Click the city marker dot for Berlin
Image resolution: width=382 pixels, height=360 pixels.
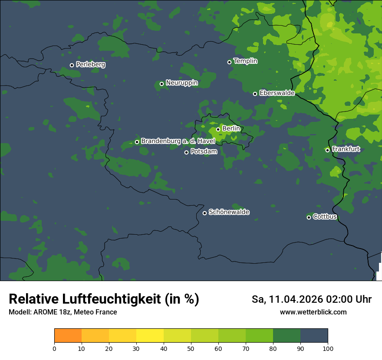pos(218,129)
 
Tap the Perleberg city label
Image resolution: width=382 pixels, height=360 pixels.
pos(90,65)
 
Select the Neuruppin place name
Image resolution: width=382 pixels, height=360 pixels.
pos(182,83)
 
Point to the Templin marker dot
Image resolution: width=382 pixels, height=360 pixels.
pos(229,62)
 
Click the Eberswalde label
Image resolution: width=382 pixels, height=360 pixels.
pos(277,93)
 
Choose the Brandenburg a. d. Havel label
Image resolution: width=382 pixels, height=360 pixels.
pos(178,141)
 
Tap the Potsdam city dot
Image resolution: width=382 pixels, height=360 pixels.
pos(186,152)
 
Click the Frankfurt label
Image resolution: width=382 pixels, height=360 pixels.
pos(346,149)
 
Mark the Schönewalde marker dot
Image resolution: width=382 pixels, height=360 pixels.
pos(204,213)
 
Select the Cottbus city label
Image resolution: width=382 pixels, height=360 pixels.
pos(325,216)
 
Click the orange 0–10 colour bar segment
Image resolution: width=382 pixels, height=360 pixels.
pos(68,336)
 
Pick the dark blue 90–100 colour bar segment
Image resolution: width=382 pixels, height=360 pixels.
pos(314,336)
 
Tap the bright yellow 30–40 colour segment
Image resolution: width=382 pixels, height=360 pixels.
pos(150,336)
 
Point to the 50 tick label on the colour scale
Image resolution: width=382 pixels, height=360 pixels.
pos(191,348)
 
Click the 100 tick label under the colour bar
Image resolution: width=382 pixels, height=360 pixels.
pos(328,348)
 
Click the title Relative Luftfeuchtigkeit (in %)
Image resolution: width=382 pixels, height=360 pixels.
pos(104,299)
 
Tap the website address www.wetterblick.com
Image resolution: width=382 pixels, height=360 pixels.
pos(313,312)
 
